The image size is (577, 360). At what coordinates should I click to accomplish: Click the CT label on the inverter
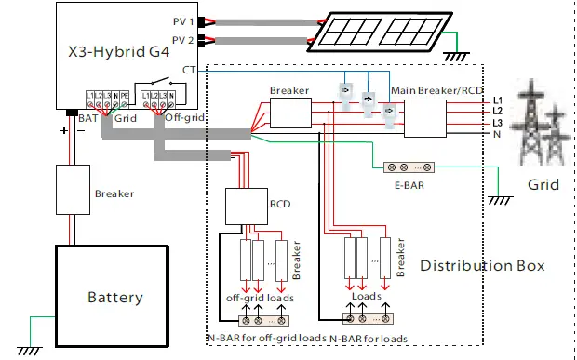[x=189, y=70]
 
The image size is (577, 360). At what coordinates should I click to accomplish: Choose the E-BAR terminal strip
[x=408, y=168]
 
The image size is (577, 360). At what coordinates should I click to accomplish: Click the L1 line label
[x=497, y=100]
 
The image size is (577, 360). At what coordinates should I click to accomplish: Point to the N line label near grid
[x=497, y=134]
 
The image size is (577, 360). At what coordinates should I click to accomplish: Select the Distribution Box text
[x=482, y=266]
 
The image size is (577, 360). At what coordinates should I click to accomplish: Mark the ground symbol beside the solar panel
[x=455, y=55]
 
